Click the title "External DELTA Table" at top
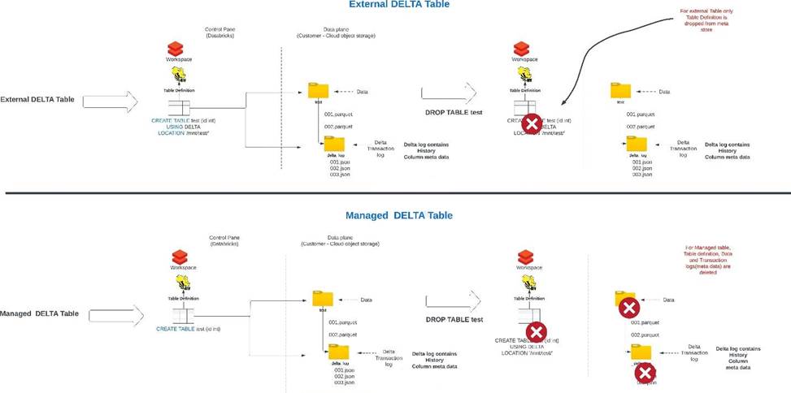(x=398, y=5)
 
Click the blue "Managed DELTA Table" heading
(x=398, y=215)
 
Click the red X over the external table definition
(x=531, y=124)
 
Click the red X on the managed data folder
(x=628, y=308)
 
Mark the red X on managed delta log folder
(x=645, y=373)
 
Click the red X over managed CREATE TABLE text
(x=535, y=332)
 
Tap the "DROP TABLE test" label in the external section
(x=454, y=111)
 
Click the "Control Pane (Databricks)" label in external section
(x=219, y=32)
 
